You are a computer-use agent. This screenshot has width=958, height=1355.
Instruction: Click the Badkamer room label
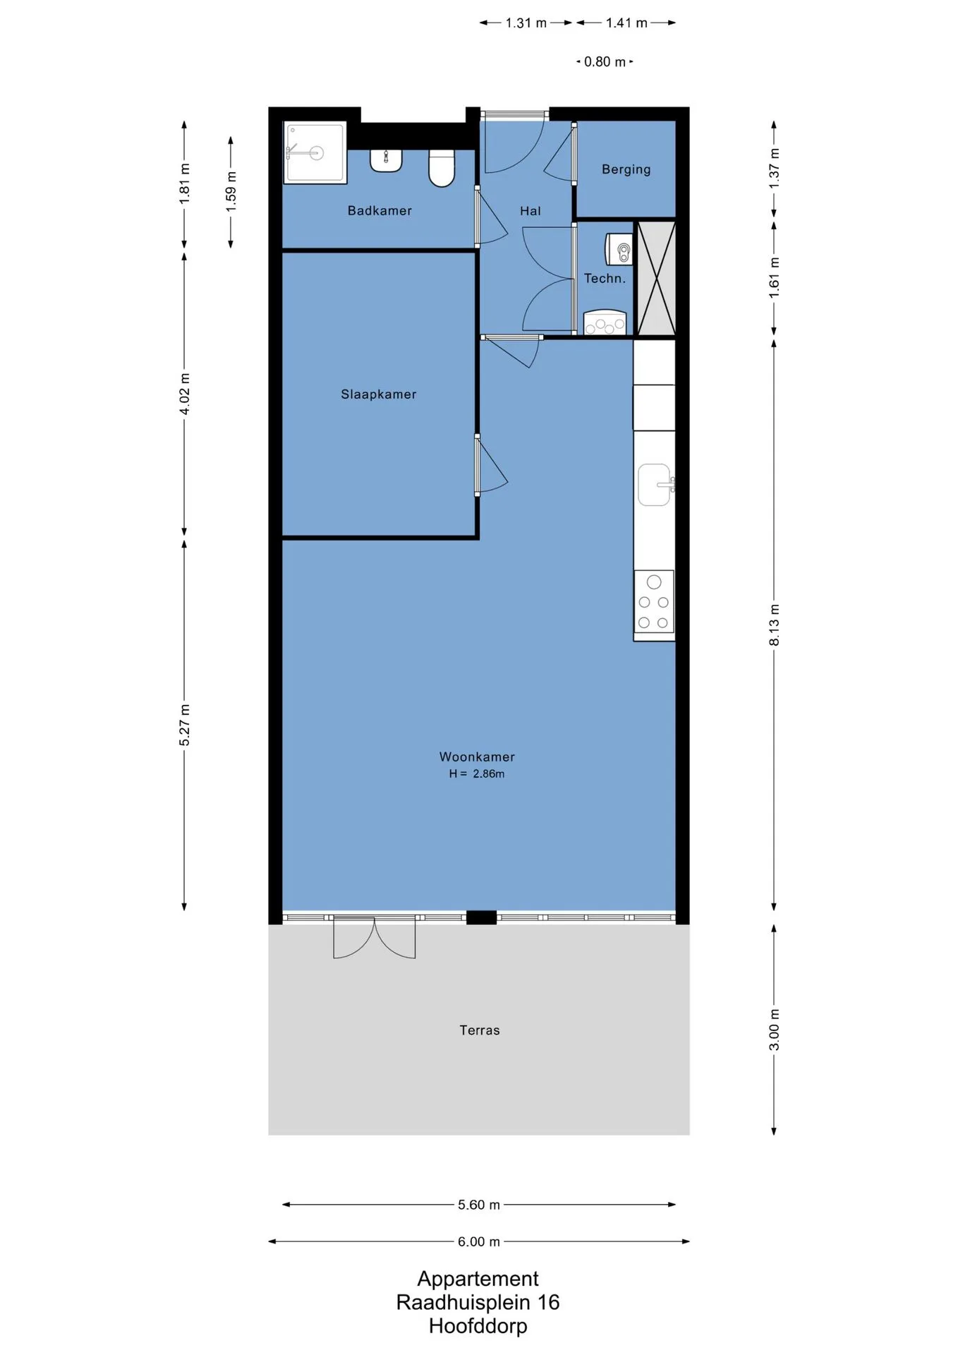[x=380, y=210]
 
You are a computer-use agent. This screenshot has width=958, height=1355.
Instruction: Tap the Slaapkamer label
[x=379, y=395]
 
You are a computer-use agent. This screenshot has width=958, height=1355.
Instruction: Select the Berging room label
[x=626, y=169]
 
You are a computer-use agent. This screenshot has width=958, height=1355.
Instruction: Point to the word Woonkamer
[x=477, y=757]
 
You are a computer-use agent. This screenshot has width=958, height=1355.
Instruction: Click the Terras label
[x=480, y=1030]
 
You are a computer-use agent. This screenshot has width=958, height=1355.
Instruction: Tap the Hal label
[x=530, y=211]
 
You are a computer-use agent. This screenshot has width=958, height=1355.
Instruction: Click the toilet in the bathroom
[x=442, y=168]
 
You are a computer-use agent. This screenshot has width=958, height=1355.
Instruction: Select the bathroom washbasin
[x=386, y=160]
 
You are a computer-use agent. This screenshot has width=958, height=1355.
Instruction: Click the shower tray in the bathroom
[x=315, y=152]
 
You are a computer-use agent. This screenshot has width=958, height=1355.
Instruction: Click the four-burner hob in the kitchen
[x=654, y=602]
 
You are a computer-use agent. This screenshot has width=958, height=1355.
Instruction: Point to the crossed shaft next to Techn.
[x=657, y=278]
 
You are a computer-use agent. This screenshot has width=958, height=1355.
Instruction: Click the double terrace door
[x=374, y=937]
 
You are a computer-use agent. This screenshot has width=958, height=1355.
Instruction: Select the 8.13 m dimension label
[x=774, y=625]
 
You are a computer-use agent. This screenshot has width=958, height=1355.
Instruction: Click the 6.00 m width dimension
[x=479, y=1241]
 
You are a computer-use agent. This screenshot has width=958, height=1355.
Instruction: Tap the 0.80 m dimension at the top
[x=605, y=62]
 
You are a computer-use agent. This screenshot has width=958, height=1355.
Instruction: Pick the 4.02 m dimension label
[x=184, y=394]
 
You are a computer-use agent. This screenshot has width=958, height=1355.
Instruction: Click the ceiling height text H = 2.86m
[x=477, y=773]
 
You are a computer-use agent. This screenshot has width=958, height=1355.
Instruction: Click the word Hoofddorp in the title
[x=478, y=1326]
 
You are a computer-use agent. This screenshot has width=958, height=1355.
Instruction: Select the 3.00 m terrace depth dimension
[x=774, y=1030]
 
